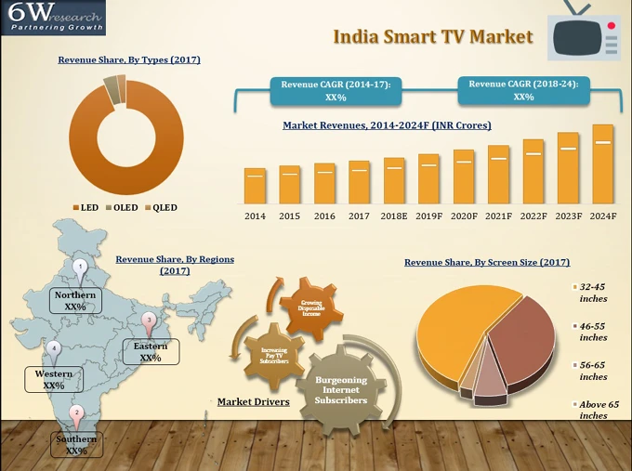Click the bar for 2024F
click(x=602, y=164)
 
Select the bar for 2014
click(x=255, y=186)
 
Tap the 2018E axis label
click(x=393, y=216)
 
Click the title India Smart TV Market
click(x=433, y=37)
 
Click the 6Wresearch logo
click(x=53, y=18)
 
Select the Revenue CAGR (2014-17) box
click(x=336, y=90)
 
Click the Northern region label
click(x=74, y=300)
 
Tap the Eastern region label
click(x=151, y=351)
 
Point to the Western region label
click(x=54, y=379)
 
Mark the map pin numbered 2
click(x=77, y=413)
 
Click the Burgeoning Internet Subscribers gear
click(x=341, y=390)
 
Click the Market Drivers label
click(x=253, y=402)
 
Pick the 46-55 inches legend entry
click(x=592, y=332)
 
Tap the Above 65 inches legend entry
click(x=599, y=410)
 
